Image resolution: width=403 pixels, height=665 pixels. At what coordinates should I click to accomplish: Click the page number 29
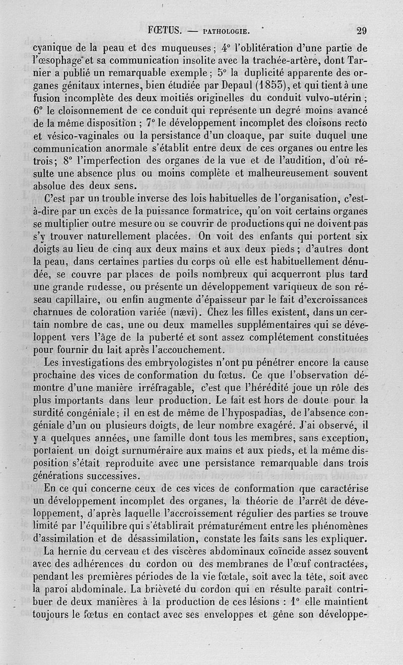point(361,30)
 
